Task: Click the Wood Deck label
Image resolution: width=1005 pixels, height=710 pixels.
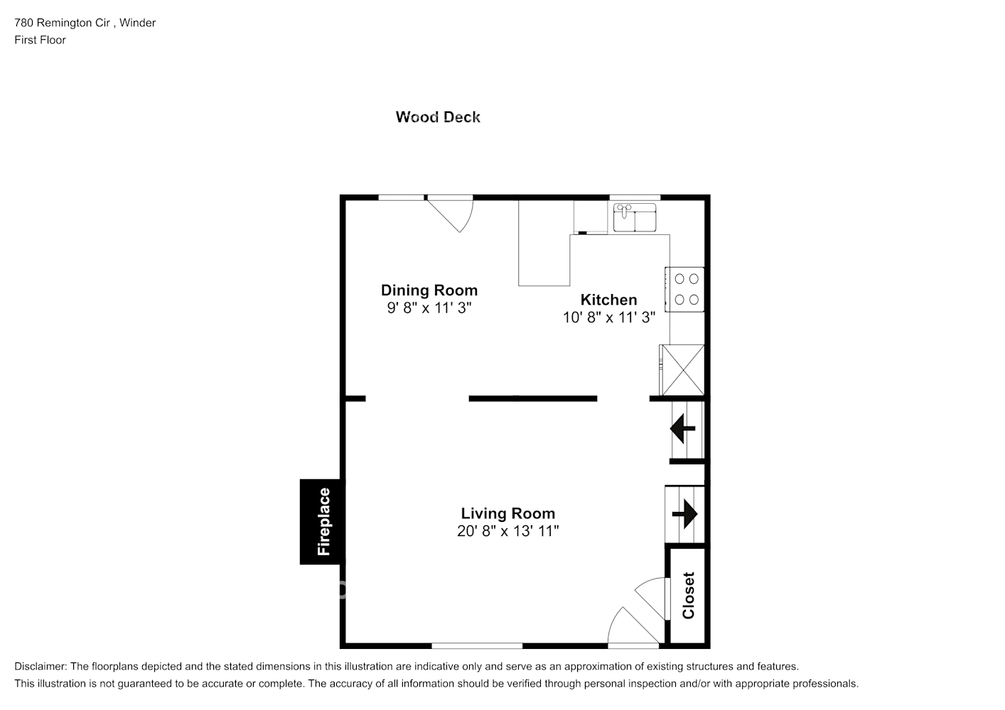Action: coord(438,117)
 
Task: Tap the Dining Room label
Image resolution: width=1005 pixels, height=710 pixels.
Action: coord(429,290)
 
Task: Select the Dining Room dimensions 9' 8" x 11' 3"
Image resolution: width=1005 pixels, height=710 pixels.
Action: coord(429,308)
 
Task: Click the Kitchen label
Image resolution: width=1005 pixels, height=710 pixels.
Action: coord(608,300)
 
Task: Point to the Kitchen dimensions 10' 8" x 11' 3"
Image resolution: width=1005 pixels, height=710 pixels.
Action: coord(608,317)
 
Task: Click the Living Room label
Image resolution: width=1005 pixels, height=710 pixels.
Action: coord(507,513)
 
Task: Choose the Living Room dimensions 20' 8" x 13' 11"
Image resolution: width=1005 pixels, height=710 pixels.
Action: coord(507,531)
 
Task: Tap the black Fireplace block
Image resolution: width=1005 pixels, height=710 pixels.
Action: coord(322,522)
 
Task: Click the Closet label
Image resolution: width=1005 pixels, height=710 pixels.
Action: coord(688,595)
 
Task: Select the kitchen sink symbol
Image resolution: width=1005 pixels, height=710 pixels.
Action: coord(635,217)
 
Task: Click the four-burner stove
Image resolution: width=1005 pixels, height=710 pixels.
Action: coord(685,289)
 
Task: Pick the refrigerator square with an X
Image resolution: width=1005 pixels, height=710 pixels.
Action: coord(682,370)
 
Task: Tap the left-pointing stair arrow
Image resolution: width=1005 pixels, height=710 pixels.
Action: coord(683,429)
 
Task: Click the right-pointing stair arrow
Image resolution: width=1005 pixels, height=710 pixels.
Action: coord(685,513)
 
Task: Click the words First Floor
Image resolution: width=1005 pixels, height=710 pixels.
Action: coord(40,40)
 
